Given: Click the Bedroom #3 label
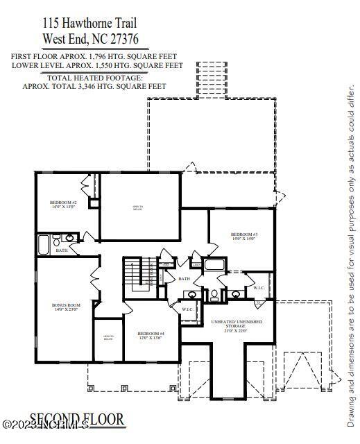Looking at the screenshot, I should (243, 236).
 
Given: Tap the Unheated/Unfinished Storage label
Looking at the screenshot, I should (238, 324).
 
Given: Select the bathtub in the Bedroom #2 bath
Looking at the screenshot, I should (44, 244).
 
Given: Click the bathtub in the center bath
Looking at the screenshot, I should (214, 265).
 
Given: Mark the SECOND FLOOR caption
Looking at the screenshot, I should (77, 420).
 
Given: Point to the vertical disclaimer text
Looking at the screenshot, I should (351, 257).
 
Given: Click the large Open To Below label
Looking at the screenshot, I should (138, 207).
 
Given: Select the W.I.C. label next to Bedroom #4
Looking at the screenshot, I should (187, 309).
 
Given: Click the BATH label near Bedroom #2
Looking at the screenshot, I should (62, 250).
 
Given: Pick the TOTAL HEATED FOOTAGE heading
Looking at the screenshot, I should (94, 78).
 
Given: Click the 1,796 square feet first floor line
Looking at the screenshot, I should (94, 56).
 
